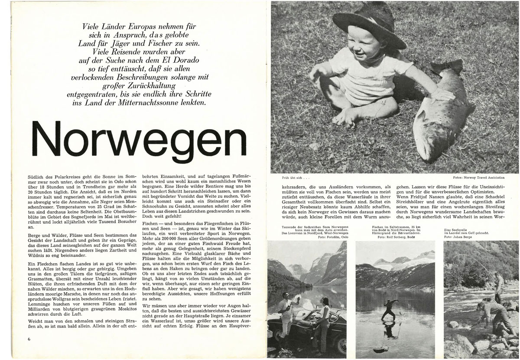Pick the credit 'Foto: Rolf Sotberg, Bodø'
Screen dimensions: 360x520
(396, 237)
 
